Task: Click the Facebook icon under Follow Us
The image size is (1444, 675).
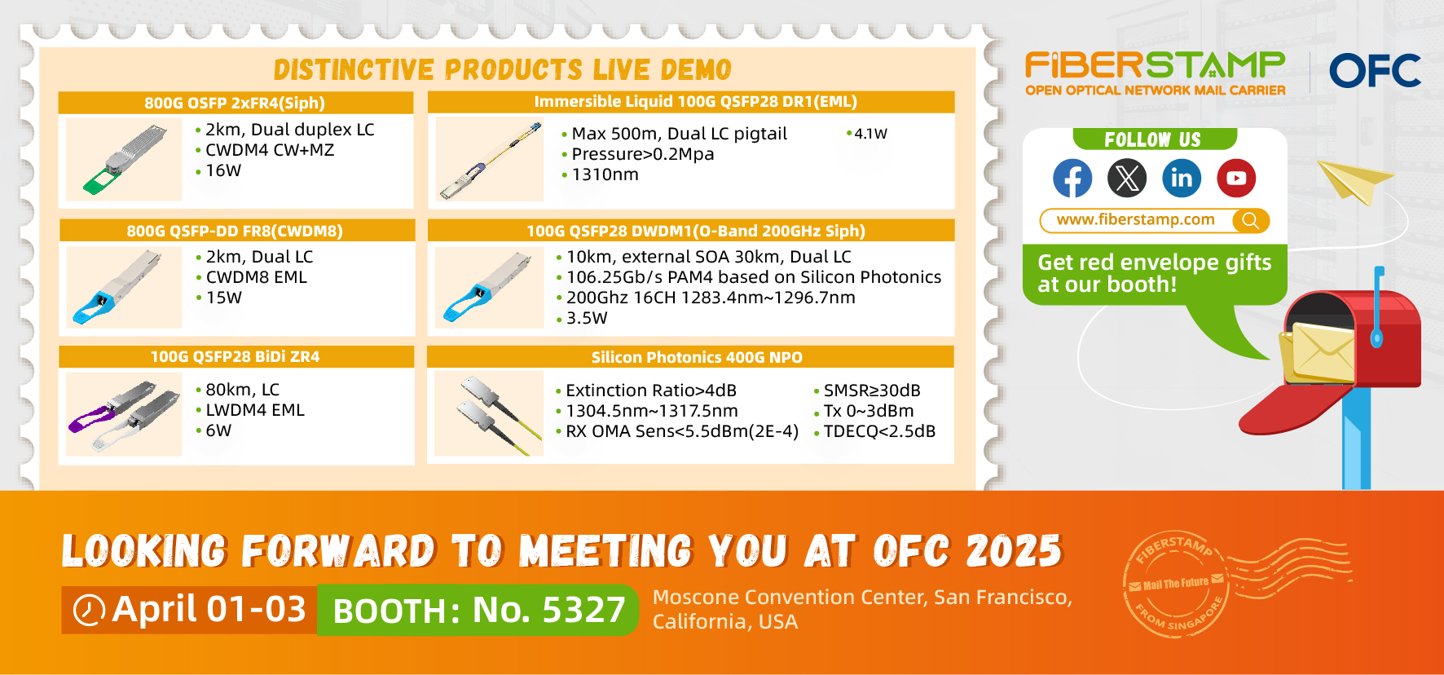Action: pyautogui.click(x=1072, y=178)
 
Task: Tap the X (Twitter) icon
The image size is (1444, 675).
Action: pyautogui.click(x=1127, y=178)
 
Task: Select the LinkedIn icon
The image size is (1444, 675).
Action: pyautogui.click(x=1182, y=178)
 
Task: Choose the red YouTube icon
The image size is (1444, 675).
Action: pyautogui.click(x=1236, y=178)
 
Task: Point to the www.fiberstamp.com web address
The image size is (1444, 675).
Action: pyautogui.click(x=1135, y=219)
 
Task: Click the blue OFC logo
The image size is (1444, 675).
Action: pyautogui.click(x=1375, y=71)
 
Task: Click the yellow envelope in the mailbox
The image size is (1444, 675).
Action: pyautogui.click(x=1317, y=353)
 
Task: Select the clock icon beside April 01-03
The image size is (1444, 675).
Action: pyautogui.click(x=89, y=610)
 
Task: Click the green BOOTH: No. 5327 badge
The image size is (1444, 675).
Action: pyautogui.click(x=478, y=610)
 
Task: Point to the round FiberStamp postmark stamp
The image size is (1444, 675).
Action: pyautogui.click(x=1175, y=584)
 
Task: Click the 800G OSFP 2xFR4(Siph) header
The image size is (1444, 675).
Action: pyautogui.click(x=236, y=103)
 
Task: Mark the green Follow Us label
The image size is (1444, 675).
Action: pyautogui.click(x=1155, y=139)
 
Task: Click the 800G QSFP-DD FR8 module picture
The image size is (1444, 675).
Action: pyautogui.click(x=124, y=287)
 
